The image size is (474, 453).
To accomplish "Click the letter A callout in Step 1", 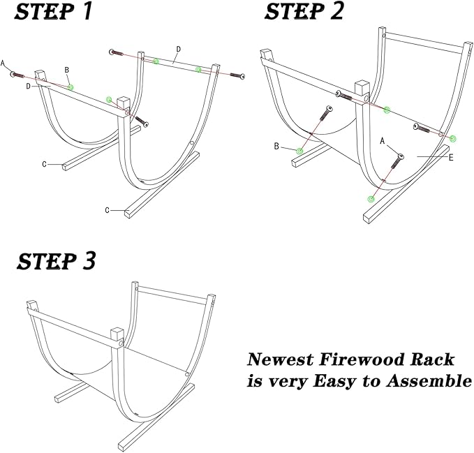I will (3, 64).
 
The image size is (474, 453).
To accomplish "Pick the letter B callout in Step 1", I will (66, 70).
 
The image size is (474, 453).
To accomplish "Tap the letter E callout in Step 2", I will (452, 158).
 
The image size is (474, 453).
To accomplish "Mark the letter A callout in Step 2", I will (383, 140).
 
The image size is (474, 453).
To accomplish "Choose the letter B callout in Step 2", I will (276, 147).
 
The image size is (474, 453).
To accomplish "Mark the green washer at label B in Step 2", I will (300, 151).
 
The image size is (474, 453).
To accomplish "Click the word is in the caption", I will (256, 383).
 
